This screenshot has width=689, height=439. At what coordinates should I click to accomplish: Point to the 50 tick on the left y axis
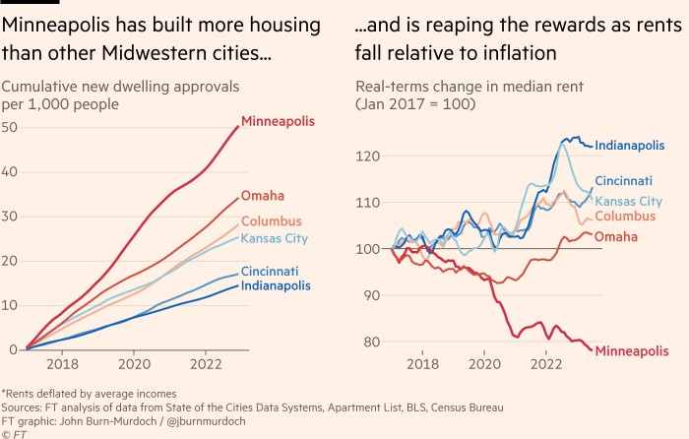pyautogui.click(x=10, y=127)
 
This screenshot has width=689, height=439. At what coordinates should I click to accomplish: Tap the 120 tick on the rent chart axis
pyautogui.click(x=368, y=156)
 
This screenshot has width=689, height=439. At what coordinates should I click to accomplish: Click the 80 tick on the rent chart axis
pyautogui.click(x=371, y=342)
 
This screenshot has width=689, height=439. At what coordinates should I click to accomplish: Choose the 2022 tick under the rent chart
pyautogui.click(x=546, y=363)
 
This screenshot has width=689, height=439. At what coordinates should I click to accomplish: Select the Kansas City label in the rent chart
pyautogui.click(x=631, y=201)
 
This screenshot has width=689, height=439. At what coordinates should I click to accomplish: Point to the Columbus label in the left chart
pyautogui.click(x=273, y=221)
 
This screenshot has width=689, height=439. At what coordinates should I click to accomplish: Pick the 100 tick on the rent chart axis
pyautogui.click(x=368, y=249)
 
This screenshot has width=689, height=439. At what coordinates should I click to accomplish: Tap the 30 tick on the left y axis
pyautogui.click(x=10, y=216)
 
